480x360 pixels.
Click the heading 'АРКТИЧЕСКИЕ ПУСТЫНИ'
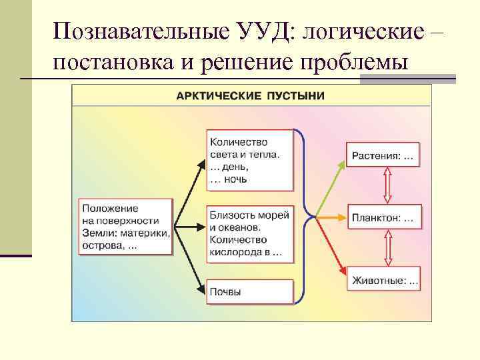pyautogui.click(x=250, y=95)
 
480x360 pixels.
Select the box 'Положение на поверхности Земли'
pyautogui.click(x=125, y=226)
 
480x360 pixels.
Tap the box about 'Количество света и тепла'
pyautogui.click(x=250, y=160)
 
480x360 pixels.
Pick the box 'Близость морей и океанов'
pyautogui.click(x=250, y=233)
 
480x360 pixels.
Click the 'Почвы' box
pyautogui.click(x=250, y=291)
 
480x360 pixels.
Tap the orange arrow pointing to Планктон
pyautogui.click(x=330, y=217)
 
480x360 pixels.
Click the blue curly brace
pyautogui.click(x=304, y=216)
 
